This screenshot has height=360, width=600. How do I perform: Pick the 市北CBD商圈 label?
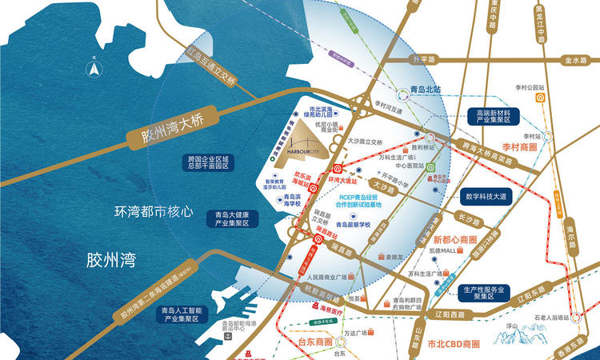click(454, 344)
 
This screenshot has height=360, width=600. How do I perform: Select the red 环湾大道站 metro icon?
click(338, 169)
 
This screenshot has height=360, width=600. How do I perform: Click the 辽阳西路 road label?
click(437, 315)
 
